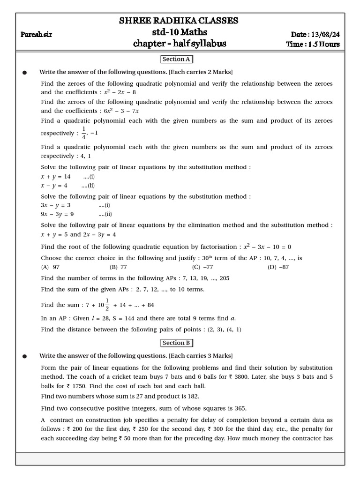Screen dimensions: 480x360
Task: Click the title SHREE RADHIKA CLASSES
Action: tap(179, 21)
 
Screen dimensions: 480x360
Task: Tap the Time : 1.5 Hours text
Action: tap(313, 45)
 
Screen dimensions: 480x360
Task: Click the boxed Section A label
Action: tap(176, 59)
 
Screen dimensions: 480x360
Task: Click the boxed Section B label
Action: tap(176, 343)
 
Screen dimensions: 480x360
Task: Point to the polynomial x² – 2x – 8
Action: tap(120, 92)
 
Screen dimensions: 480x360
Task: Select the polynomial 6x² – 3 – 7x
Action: tap(122, 111)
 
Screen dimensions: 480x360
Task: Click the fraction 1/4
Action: tap(84, 133)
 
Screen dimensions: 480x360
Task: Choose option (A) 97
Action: tap(50, 267)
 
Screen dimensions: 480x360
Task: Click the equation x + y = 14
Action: tap(55, 177)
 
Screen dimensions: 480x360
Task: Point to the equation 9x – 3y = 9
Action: tap(57, 214)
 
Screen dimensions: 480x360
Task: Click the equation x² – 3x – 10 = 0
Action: tap(267, 247)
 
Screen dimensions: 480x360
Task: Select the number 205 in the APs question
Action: tap(224, 278)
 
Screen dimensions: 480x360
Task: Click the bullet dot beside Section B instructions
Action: tap(25, 356)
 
